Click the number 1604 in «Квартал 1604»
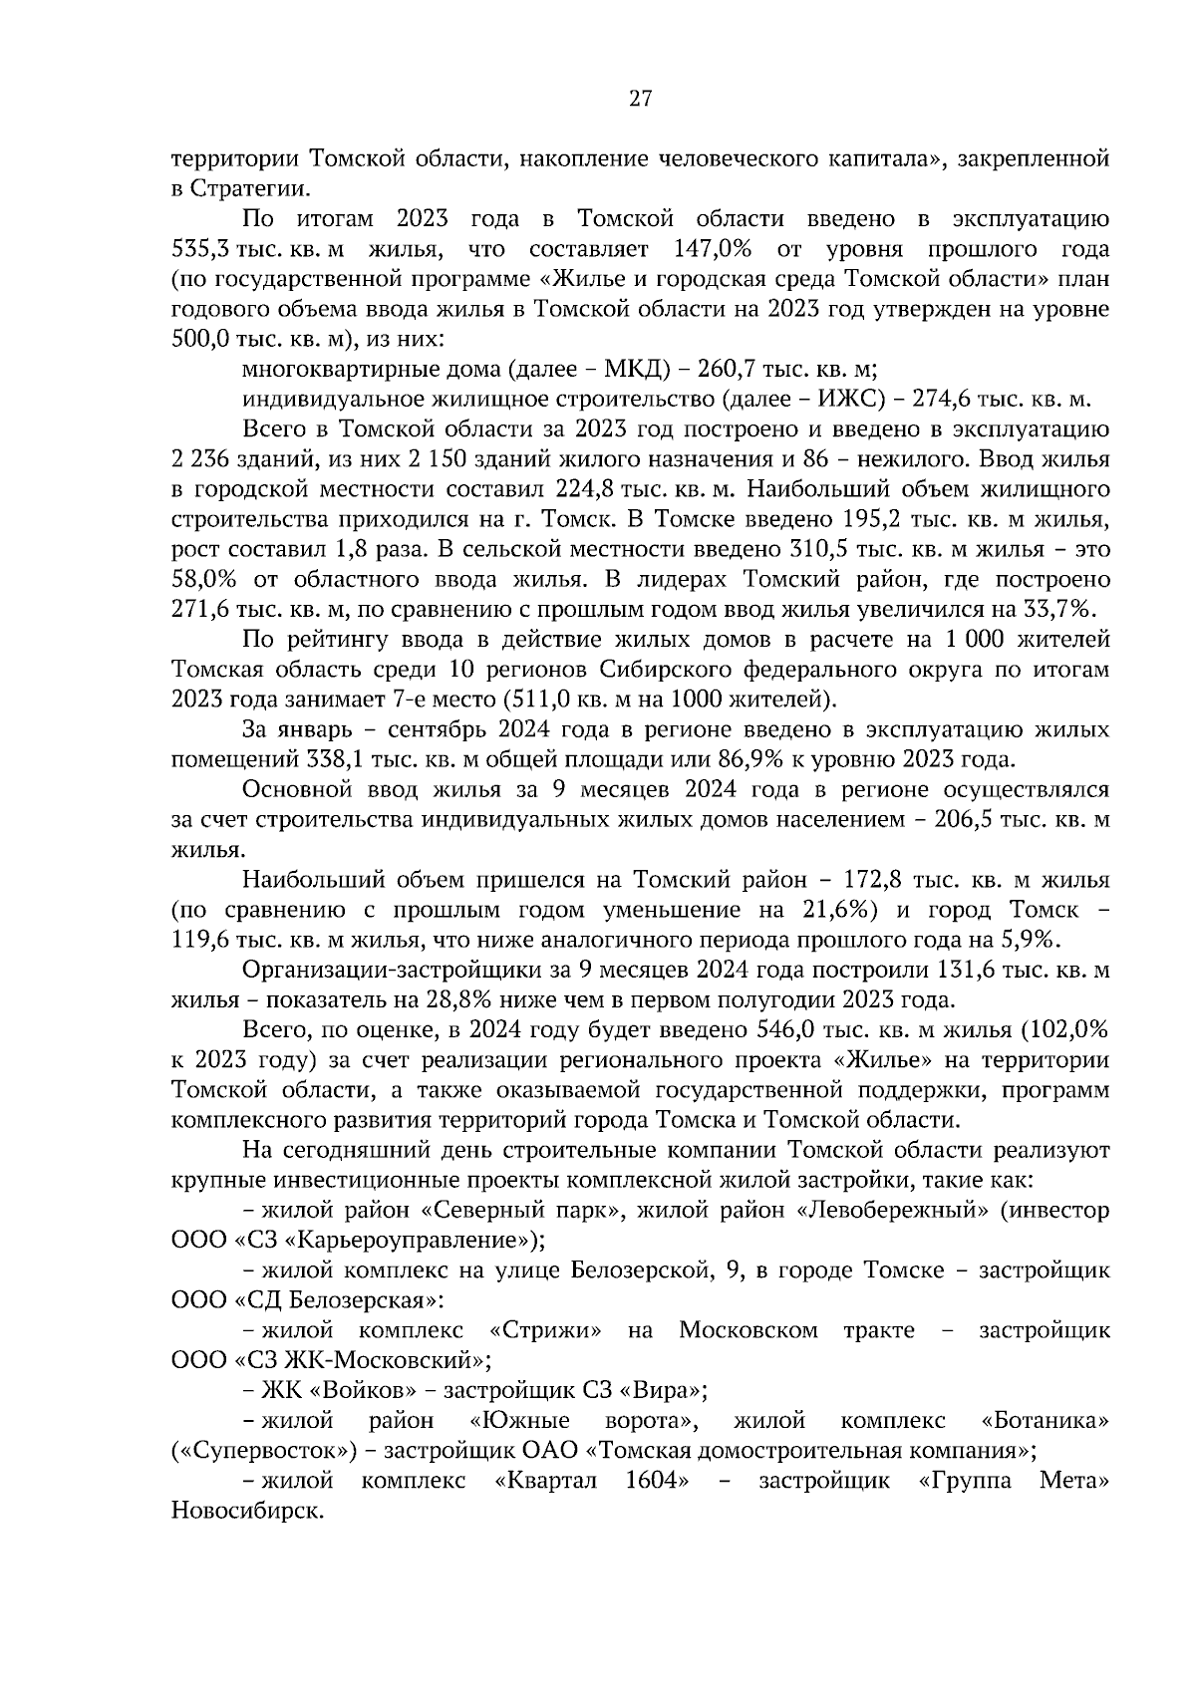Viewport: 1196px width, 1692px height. coord(653,1480)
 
